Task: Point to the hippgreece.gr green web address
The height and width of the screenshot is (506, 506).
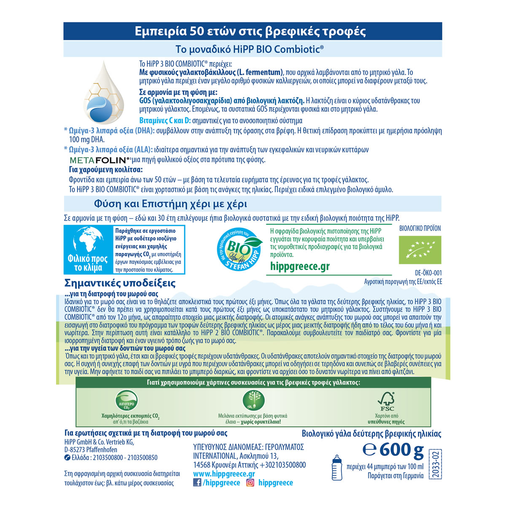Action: point(300,266)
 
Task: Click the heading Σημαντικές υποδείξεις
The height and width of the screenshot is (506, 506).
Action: point(120,283)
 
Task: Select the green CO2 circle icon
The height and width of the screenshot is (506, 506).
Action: point(127,401)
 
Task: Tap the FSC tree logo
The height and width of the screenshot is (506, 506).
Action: point(387,401)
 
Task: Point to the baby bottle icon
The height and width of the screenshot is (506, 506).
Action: point(336,467)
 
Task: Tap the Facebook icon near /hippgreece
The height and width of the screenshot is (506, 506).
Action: point(197,483)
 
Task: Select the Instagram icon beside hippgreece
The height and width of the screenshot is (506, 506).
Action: point(250,483)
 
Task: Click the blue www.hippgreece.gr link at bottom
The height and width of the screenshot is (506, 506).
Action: point(224,474)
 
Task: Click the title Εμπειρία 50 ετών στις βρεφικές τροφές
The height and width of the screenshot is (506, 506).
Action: point(250,31)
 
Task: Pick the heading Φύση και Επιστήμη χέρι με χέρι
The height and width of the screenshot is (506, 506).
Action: point(170,204)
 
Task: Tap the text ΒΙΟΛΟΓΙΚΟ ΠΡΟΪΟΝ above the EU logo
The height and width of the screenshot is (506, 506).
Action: point(420,229)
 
